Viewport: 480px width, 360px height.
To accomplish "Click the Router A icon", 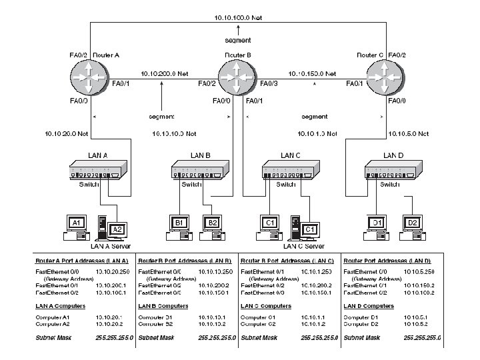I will [x=89, y=79].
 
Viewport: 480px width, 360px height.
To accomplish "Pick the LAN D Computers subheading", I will [x=368, y=306].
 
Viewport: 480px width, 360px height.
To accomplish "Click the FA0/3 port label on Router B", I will [x=269, y=83].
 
